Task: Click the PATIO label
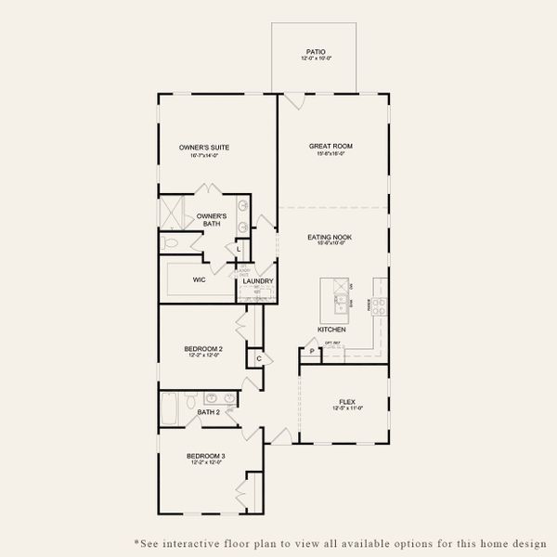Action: point(316,52)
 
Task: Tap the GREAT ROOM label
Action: point(330,146)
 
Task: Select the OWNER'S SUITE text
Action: point(204,148)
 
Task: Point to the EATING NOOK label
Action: point(330,237)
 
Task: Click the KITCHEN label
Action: point(331,330)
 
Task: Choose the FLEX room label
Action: point(346,402)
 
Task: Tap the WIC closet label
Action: point(199,278)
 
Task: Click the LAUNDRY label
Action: point(257,280)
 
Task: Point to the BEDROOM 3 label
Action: point(204,456)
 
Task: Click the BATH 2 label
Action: point(209,411)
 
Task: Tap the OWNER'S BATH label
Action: point(211,219)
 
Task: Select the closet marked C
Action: point(258,357)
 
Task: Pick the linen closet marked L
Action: point(239,249)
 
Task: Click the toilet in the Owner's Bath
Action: point(169,242)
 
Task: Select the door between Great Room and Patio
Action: point(292,99)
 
